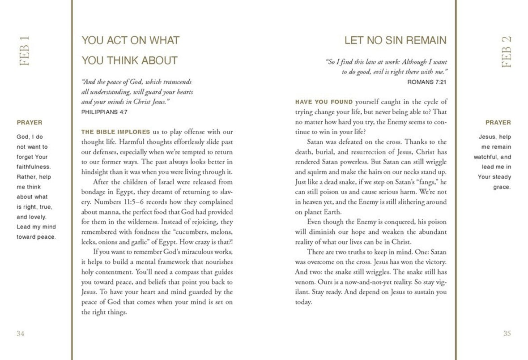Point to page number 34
point(20,333)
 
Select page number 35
point(507,333)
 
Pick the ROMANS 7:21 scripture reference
point(427,82)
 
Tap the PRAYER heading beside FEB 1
point(30,122)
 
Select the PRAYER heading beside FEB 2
point(498,122)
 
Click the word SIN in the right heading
point(383,41)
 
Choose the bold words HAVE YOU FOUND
point(324,102)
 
